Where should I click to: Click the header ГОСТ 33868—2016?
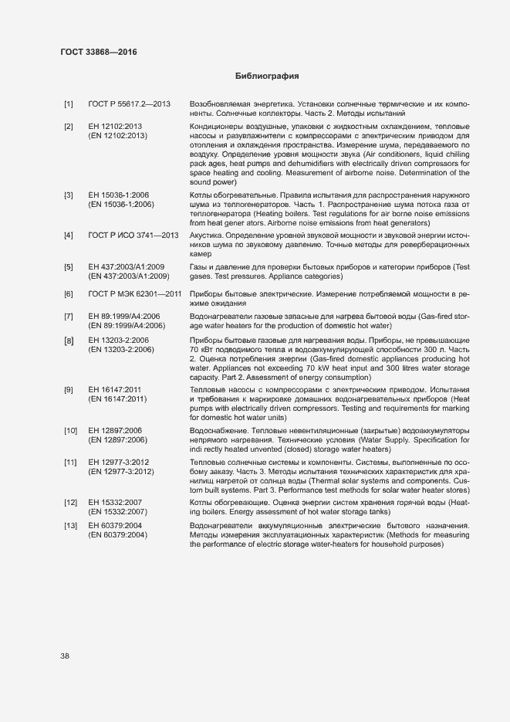pos(98,52)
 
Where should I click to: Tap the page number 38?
pos(65,656)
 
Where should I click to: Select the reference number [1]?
pos(69,103)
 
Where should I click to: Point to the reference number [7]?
pos(69,317)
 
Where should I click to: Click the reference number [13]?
pos(70,526)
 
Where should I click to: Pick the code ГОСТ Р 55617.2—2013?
pos(129,103)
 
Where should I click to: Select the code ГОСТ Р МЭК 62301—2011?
pos(135,294)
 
